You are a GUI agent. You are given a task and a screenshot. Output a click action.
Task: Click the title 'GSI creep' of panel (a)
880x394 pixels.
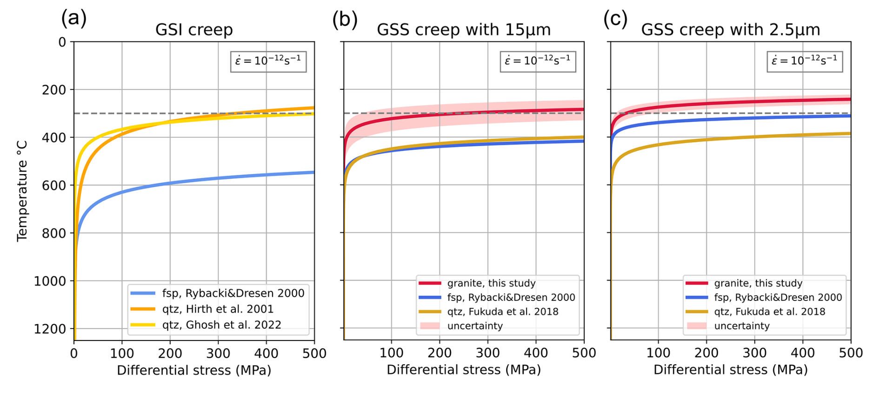pyautogui.click(x=194, y=30)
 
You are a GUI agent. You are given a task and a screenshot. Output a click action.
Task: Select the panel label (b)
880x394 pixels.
pyautogui.click(x=345, y=20)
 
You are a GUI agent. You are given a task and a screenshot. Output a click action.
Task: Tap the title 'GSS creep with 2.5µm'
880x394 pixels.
pyautogui.click(x=730, y=30)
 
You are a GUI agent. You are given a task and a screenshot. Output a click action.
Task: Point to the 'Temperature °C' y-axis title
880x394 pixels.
pyautogui.click(x=22, y=191)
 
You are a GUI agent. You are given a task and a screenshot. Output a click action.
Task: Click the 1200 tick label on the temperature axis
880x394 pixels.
pyautogui.click(x=50, y=329)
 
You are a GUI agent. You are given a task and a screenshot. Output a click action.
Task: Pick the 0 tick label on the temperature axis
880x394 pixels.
pyautogui.click(x=62, y=42)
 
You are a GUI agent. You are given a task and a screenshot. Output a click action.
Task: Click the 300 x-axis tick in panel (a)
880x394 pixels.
pyautogui.click(x=218, y=354)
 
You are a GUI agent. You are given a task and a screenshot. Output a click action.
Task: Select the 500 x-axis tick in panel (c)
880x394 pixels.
pyautogui.click(x=851, y=353)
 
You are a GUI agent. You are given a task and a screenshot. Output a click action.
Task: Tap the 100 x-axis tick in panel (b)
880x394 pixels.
pyautogui.click(x=391, y=353)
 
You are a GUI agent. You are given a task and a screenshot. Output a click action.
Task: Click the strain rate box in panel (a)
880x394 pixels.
pyautogui.click(x=268, y=61)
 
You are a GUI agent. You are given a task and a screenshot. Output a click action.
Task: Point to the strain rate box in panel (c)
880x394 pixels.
pyautogui.click(x=805, y=61)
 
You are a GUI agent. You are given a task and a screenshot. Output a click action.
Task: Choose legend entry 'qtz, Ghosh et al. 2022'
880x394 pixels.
pyautogui.click(x=221, y=325)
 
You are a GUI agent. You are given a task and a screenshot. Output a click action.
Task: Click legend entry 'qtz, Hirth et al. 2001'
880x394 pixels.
pyautogui.click(x=218, y=309)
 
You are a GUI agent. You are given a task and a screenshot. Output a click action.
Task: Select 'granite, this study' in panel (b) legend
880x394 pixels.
pyautogui.click(x=491, y=283)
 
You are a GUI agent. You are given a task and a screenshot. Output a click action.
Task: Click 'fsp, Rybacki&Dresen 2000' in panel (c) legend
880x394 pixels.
pyautogui.click(x=778, y=297)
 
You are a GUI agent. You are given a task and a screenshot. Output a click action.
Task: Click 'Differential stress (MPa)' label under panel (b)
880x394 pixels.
pyautogui.click(x=464, y=370)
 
